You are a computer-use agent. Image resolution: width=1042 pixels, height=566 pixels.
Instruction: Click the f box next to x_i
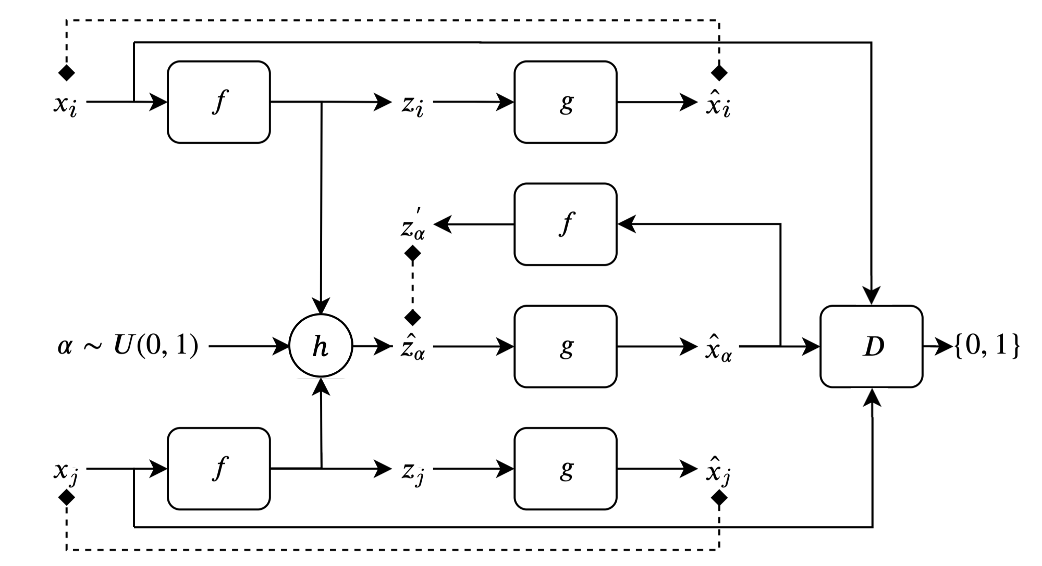coord(218,102)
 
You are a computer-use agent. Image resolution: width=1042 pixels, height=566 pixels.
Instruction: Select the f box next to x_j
coord(218,469)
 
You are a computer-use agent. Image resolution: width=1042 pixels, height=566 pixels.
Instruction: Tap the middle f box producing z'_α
coord(565,224)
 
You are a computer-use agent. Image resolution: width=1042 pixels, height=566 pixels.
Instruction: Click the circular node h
coord(321,346)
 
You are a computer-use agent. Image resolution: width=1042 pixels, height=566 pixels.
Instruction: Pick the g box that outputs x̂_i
coord(565,102)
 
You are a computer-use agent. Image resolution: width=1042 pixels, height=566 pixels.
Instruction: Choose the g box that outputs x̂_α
coord(565,346)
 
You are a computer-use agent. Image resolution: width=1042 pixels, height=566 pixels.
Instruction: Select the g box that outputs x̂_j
coord(565,469)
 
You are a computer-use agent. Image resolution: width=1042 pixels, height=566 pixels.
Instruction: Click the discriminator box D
coord(871,346)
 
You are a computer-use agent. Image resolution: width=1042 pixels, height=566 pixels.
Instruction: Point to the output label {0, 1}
coord(986,346)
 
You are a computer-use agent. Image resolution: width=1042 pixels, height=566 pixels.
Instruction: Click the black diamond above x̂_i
coord(719,73)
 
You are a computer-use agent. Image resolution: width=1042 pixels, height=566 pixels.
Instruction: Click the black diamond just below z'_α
coord(413,254)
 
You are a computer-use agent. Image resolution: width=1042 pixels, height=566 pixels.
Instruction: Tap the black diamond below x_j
coord(67,497)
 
